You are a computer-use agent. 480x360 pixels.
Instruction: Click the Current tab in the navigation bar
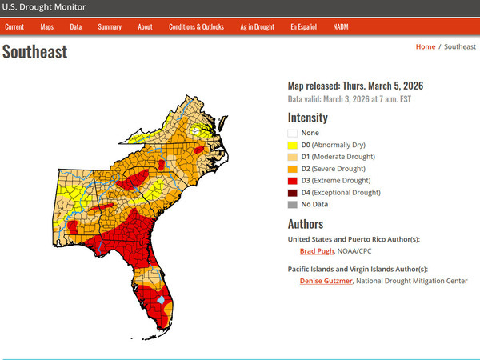click(x=14, y=26)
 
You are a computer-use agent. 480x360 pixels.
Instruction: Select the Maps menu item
click(x=47, y=26)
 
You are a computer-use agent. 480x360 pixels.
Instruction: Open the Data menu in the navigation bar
click(x=76, y=26)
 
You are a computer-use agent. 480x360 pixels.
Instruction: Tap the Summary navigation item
click(x=110, y=26)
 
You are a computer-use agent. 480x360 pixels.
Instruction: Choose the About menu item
click(x=145, y=26)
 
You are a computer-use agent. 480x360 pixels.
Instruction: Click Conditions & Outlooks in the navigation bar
click(x=196, y=26)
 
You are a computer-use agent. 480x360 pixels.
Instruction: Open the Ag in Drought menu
click(x=257, y=26)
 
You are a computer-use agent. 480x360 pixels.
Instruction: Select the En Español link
click(x=303, y=26)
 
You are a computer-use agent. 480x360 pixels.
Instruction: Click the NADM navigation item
click(x=341, y=26)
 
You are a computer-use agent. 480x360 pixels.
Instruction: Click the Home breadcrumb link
click(x=426, y=47)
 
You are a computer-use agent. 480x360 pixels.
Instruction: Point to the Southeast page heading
click(x=35, y=53)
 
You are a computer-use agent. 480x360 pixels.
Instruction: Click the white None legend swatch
click(x=293, y=133)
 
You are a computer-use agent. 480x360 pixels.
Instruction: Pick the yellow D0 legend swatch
click(x=293, y=145)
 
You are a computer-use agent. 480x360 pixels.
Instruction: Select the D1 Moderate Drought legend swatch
click(x=293, y=157)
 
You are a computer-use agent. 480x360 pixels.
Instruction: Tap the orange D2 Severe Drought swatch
click(x=293, y=169)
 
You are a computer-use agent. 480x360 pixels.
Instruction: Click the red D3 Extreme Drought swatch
click(x=293, y=181)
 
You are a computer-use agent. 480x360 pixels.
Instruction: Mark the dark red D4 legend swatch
click(x=293, y=193)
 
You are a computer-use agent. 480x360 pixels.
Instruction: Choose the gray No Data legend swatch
click(x=293, y=205)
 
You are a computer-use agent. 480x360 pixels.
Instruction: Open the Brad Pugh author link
click(x=317, y=251)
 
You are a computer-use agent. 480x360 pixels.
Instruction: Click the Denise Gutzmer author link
click(x=326, y=281)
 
